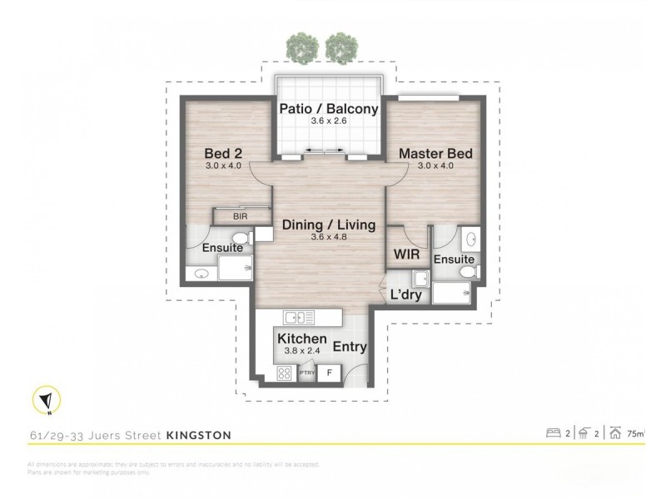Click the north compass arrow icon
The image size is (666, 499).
[x=41, y=401]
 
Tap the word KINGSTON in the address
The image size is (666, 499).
[x=199, y=434]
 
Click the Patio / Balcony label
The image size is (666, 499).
[x=328, y=109]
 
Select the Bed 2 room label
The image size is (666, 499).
[x=222, y=153]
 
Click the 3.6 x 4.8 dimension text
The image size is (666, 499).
[x=328, y=238]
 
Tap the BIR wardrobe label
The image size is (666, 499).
[x=240, y=215]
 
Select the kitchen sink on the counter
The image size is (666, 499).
[x=299, y=317]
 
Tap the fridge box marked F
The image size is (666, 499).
[x=330, y=373]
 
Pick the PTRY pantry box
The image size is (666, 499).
[x=306, y=374]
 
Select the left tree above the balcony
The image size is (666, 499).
[x=298, y=47]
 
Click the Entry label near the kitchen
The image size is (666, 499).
[x=350, y=347]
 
